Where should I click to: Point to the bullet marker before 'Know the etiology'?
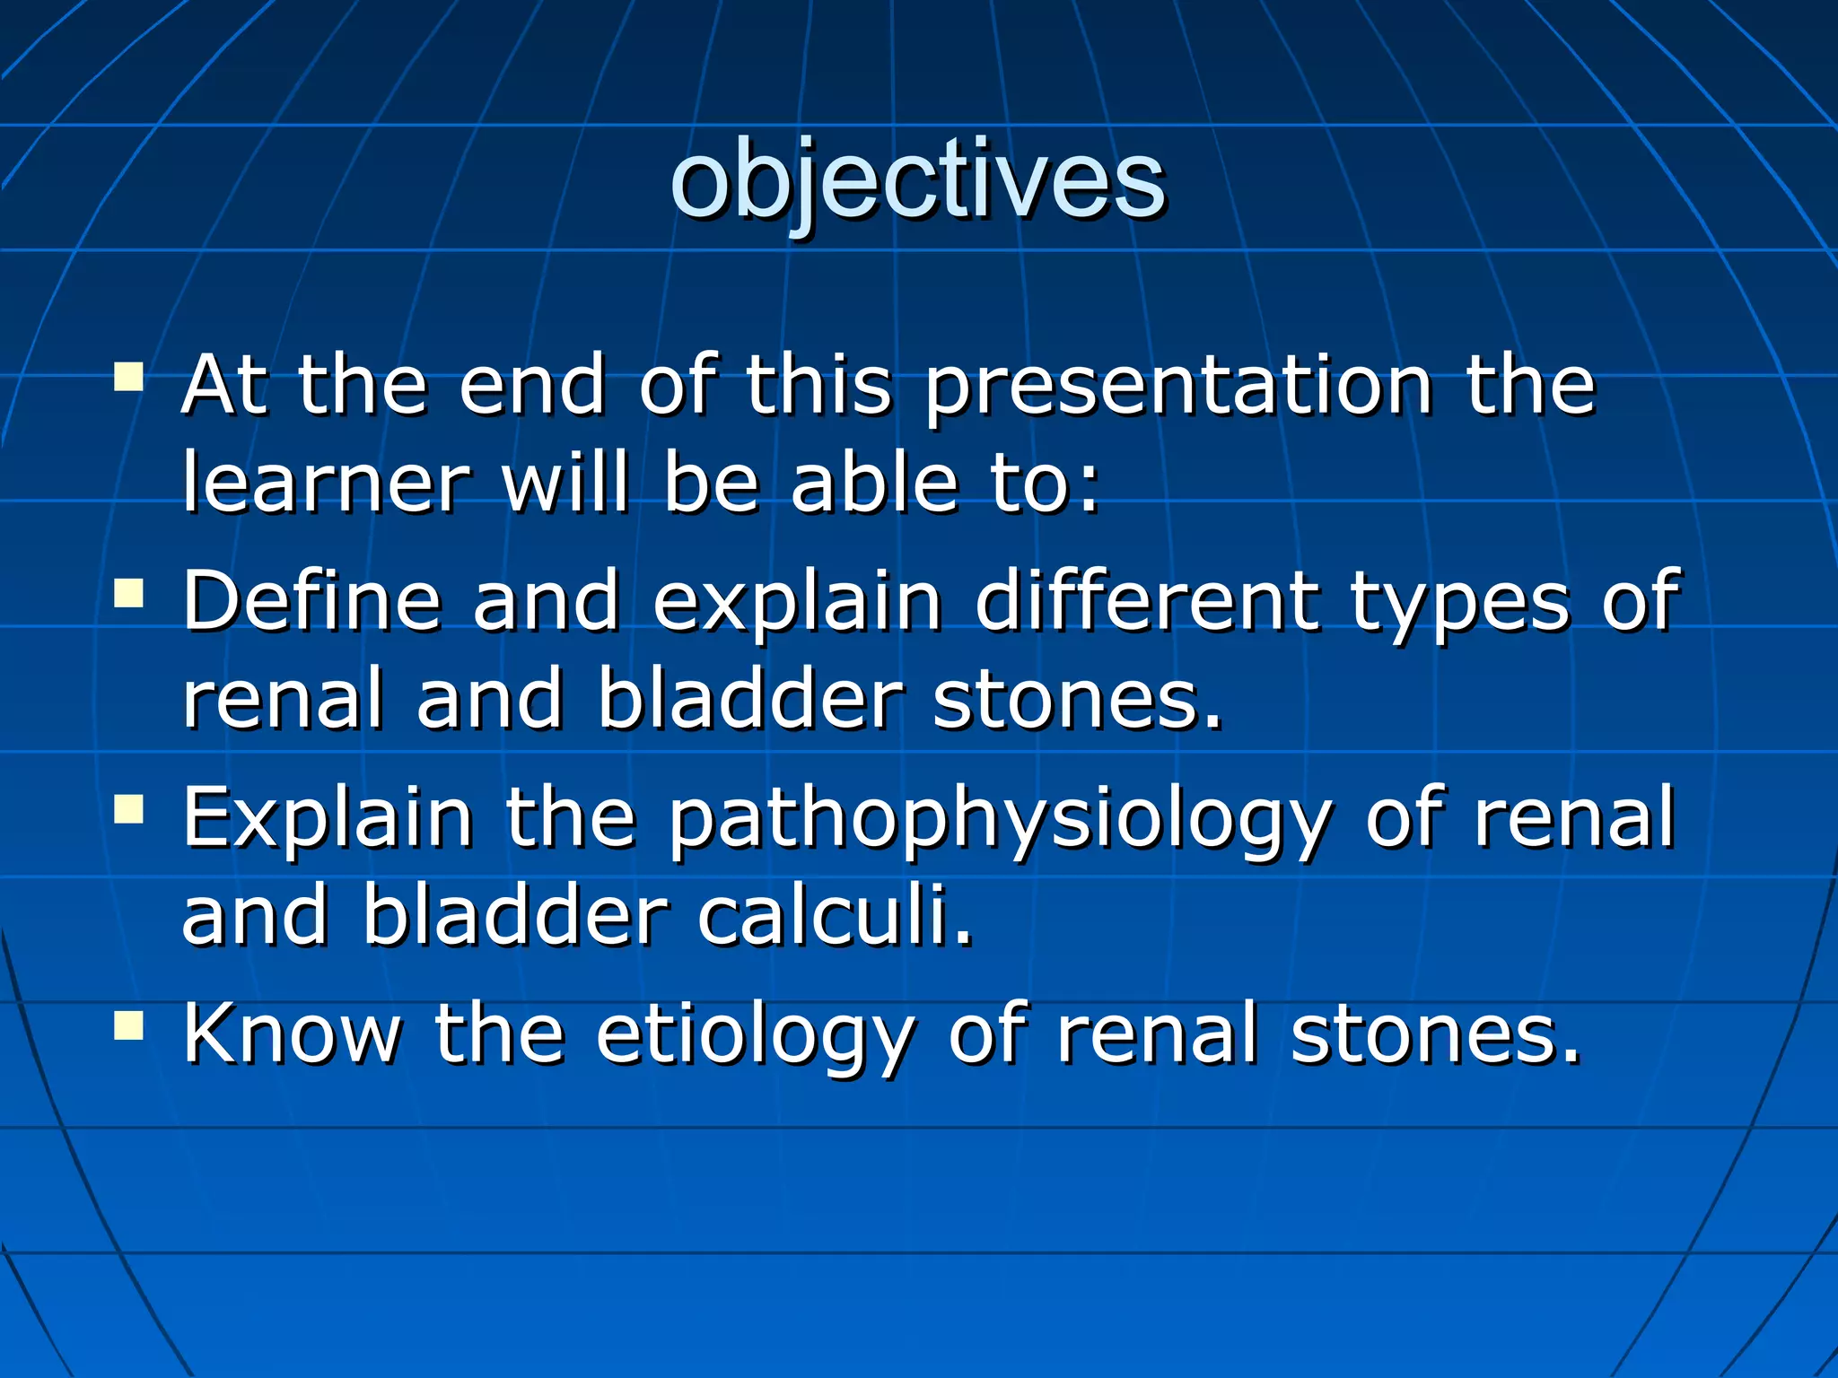pos(129,1024)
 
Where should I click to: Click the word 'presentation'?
pos(1177,388)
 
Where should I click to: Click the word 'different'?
pos(1147,601)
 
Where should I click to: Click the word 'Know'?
pos(293,1033)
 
